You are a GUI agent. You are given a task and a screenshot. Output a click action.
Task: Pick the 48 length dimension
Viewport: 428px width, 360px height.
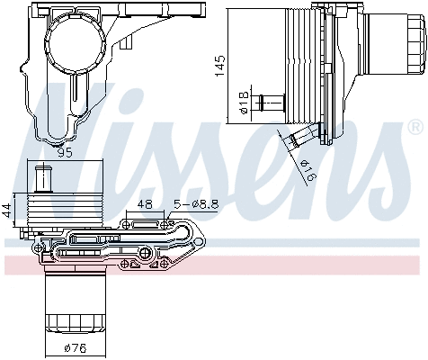(x=145, y=205)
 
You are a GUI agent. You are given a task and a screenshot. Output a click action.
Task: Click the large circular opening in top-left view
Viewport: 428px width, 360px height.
(x=75, y=40)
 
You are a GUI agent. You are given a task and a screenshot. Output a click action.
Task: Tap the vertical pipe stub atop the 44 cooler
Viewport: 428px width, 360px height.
(x=40, y=178)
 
